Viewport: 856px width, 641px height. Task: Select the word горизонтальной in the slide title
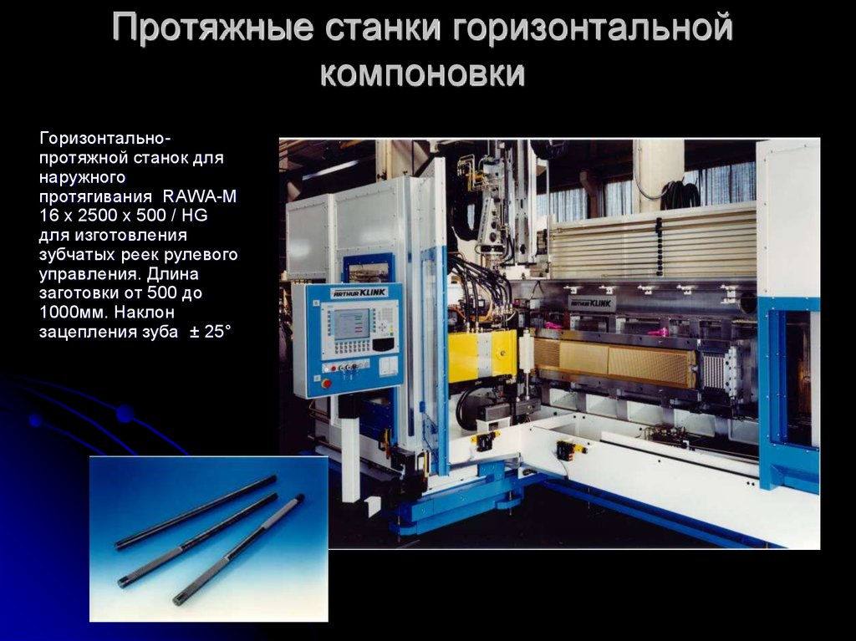[593, 28]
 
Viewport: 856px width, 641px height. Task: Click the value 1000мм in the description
[74, 312]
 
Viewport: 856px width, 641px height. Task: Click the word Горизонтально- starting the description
[104, 139]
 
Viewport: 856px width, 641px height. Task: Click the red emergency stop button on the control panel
[327, 384]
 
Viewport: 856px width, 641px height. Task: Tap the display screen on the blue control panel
[350, 323]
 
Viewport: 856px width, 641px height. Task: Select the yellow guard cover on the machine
[481, 356]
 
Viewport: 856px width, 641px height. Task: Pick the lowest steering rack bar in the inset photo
[238, 549]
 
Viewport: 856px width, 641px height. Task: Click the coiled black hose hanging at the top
[682, 195]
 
